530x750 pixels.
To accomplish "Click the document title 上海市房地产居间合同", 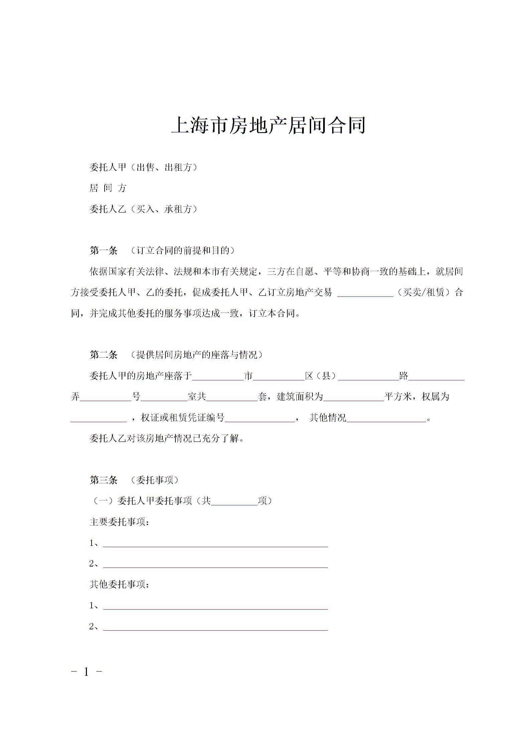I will point(268,126).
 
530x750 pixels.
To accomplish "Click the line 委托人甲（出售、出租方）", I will point(143,167).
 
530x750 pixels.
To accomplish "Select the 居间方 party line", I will point(108,188).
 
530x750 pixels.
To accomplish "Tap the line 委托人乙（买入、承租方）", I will point(143,209).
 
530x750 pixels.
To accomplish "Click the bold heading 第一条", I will point(104,251).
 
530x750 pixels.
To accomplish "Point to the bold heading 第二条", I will point(104,355).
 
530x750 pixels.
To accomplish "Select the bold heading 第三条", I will point(104,480).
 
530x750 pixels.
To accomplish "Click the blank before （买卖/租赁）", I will point(365,293).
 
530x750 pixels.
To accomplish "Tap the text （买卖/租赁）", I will point(424,293).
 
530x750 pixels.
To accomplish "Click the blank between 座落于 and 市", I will point(218,377).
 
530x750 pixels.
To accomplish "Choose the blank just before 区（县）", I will point(279,377).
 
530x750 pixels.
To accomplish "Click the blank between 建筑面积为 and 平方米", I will point(354,398).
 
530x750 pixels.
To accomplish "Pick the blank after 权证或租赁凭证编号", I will point(260,419).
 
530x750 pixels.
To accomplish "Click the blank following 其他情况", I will point(387,419).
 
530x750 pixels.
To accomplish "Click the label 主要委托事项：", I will point(119,522).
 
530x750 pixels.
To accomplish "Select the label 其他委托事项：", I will point(119,585).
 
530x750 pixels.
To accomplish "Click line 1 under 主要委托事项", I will point(216,544).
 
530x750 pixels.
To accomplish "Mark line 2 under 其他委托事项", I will point(216,627).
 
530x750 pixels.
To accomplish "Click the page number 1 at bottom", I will point(87,672).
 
